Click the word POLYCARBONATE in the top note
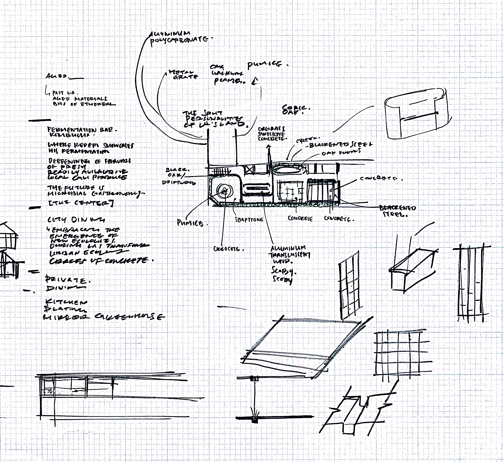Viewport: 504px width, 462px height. [179, 40]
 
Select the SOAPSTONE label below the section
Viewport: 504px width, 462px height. [249, 220]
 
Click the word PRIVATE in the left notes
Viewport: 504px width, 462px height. [67, 280]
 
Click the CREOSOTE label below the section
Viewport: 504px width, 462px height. [228, 249]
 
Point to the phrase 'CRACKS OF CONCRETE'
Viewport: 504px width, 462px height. [100, 261]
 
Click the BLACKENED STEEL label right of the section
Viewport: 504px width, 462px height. [397, 211]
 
